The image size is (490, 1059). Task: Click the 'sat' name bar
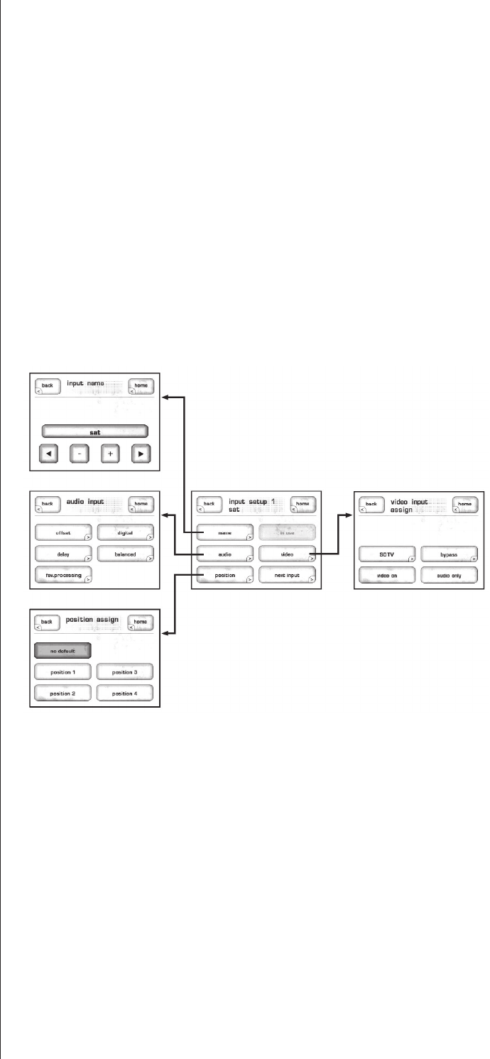coord(94,431)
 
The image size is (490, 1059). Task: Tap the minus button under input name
coord(79,454)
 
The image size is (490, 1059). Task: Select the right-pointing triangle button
coord(141,454)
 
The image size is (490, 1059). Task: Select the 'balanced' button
coord(125,553)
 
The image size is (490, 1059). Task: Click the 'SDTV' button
coord(387,554)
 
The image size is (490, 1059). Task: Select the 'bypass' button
coord(449,554)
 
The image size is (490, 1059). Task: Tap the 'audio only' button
coord(449,575)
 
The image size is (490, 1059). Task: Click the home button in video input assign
coord(464,505)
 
